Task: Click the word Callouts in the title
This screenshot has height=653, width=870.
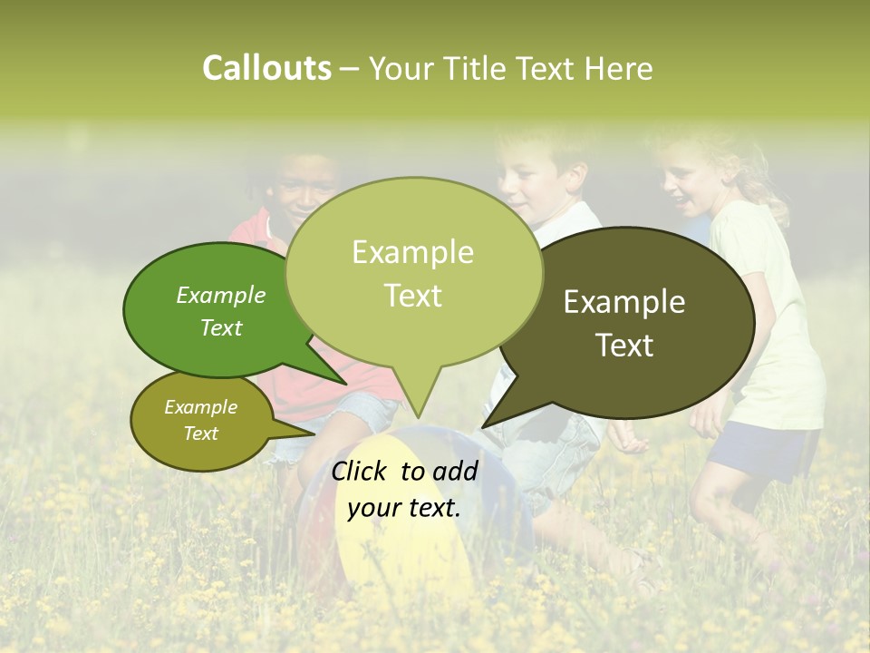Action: pos(266,68)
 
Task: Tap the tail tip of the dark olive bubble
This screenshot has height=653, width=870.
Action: pos(483,426)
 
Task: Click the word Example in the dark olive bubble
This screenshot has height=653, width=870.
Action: pos(624,302)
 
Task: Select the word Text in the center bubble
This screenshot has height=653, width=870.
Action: pos(413,296)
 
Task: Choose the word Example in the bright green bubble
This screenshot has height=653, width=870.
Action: pos(220,296)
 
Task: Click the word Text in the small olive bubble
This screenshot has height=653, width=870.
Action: pos(201,434)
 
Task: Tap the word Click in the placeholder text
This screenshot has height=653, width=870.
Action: pos(361,471)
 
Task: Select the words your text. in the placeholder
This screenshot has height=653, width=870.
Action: pos(404,508)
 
